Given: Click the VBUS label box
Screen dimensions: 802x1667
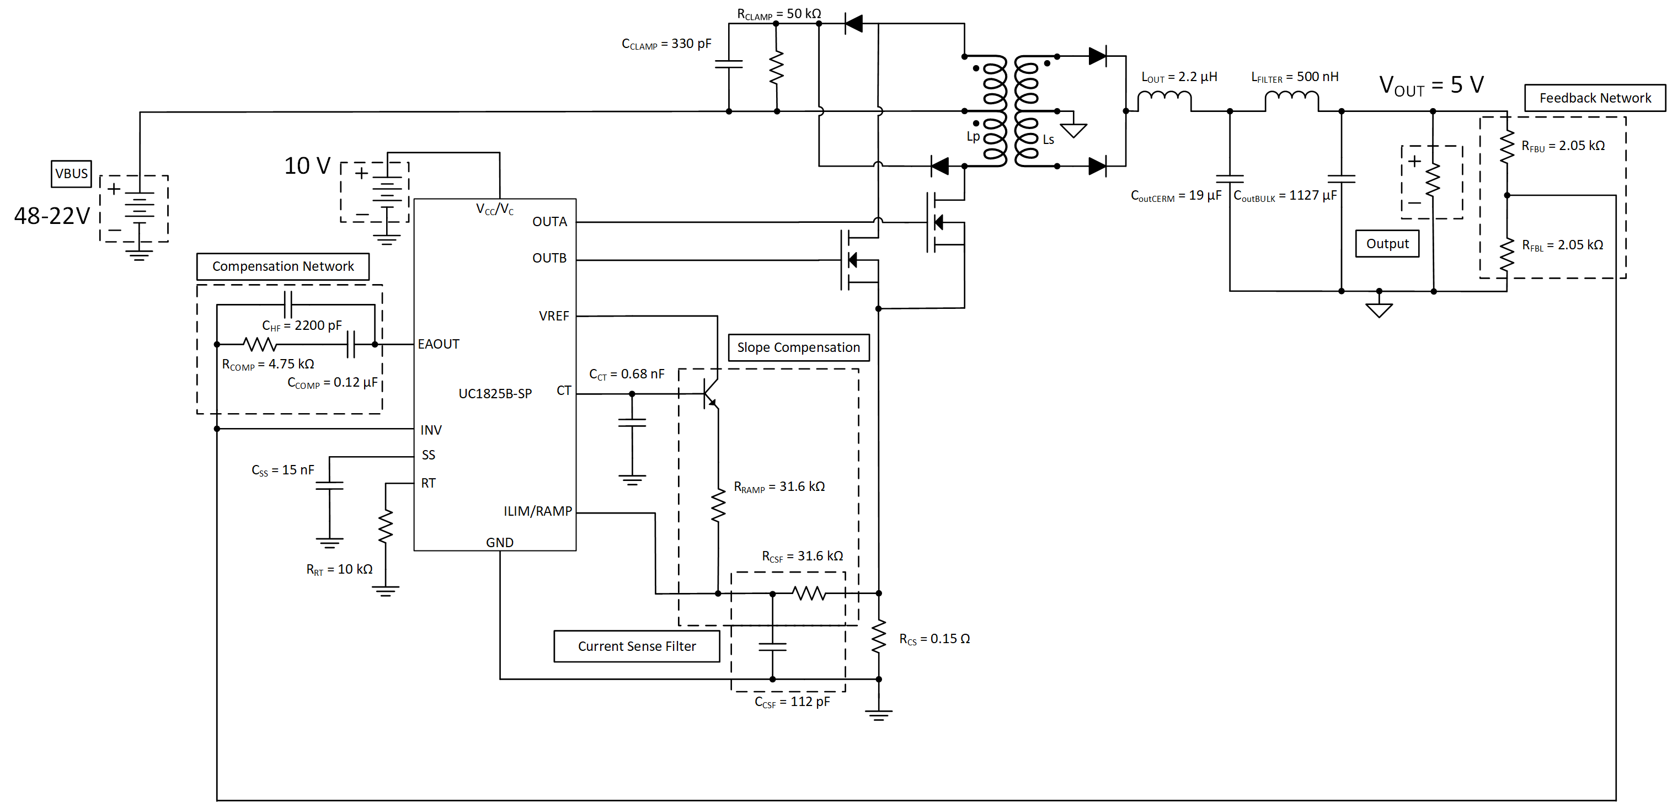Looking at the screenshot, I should tap(71, 174).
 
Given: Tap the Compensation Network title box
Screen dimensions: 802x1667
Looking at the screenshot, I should tap(283, 266).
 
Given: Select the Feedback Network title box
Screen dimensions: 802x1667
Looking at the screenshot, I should tap(1595, 98).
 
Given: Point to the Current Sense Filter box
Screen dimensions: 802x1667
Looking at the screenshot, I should tap(636, 646).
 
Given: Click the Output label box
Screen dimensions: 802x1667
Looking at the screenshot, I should tap(1387, 243).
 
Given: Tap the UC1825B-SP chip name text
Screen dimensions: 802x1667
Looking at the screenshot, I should tap(495, 394).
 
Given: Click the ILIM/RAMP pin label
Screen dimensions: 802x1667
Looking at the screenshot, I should tap(538, 511).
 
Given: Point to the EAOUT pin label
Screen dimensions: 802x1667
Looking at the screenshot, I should tap(438, 344).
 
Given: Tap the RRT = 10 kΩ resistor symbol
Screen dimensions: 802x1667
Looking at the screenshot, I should tap(386, 526).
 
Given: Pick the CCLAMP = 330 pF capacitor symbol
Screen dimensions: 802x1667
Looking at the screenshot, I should tap(729, 64).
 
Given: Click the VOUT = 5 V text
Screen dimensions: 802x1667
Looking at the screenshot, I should tap(1431, 85).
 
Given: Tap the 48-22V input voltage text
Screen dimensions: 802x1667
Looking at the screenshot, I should tap(52, 216).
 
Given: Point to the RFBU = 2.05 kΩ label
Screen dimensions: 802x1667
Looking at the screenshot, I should tap(1563, 146).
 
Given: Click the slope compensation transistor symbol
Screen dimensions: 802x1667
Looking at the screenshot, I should tap(711, 393).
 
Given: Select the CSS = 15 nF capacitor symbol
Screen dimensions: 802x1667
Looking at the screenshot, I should tap(329, 485).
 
